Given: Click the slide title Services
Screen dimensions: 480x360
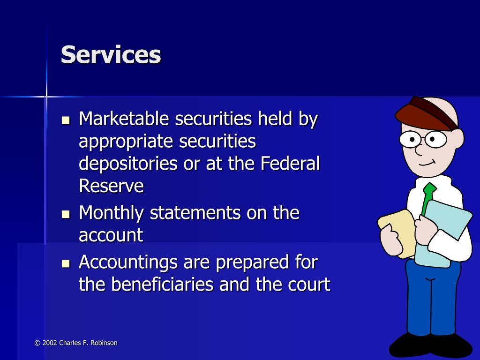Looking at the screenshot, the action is [x=111, y=54].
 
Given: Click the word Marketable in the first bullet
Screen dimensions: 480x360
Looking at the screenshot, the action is [x=124, y=119].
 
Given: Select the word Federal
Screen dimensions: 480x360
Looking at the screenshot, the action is [x=290, y=163].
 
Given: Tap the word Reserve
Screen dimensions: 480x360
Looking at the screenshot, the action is [x=111, y=186].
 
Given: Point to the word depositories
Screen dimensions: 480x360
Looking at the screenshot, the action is [x=128, y=164].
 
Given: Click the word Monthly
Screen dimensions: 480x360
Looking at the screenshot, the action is [x=111, y=213].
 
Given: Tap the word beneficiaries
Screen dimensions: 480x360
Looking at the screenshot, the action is [x=162, y=284].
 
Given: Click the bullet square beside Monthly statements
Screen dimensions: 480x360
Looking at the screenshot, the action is [x=66, y=214].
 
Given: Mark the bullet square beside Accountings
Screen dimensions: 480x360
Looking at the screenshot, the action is [x=66, y=263].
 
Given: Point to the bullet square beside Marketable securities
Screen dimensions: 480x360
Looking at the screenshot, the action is [x=66, y=120].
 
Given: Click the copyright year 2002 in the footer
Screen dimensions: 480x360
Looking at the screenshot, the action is [x=50, y=343].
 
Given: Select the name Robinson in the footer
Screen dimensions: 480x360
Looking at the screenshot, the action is [x=104, y=343].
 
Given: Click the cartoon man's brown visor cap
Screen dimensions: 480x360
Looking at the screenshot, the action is [x=427, y=114].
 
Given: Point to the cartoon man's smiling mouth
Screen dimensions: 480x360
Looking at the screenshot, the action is [x=427, y=163].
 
